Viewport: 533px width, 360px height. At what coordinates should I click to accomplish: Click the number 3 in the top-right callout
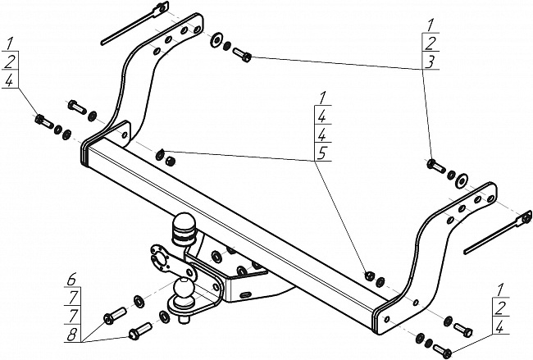click(x=430, y=62)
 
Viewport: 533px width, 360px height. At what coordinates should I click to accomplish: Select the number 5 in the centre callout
click(x=321, y=153)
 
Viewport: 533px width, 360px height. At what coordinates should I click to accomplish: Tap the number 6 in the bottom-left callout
click(x=71, y=280)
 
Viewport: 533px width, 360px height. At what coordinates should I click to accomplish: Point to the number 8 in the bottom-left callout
click(x=71, y=335)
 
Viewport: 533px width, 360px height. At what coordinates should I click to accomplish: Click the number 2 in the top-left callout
click(x=10, y=62)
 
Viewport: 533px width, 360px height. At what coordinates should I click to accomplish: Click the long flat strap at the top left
click(x=134, y=24)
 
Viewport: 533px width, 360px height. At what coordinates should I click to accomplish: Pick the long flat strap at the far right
click(x=498, y=233)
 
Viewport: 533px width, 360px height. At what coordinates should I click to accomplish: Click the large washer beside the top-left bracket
click(x=216, y=40)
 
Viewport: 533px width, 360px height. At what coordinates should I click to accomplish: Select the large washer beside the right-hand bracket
click(x=461, y=181)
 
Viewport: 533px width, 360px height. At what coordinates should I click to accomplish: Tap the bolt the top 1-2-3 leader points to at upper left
click(x=242, y=55)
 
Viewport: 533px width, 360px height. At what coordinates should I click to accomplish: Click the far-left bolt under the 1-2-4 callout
click(x=43, y=121)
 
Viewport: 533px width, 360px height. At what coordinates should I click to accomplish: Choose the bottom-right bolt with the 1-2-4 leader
click(x=442, y=351)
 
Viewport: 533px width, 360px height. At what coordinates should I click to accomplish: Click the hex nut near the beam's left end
click(x=170, y=162)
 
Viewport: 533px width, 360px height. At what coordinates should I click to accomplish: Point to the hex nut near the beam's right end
click(x=368, y=275)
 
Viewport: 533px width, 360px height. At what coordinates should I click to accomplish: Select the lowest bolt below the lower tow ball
click(x=140, y=330)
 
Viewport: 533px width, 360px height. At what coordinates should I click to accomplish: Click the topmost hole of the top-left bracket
click(x=197, y=30)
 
